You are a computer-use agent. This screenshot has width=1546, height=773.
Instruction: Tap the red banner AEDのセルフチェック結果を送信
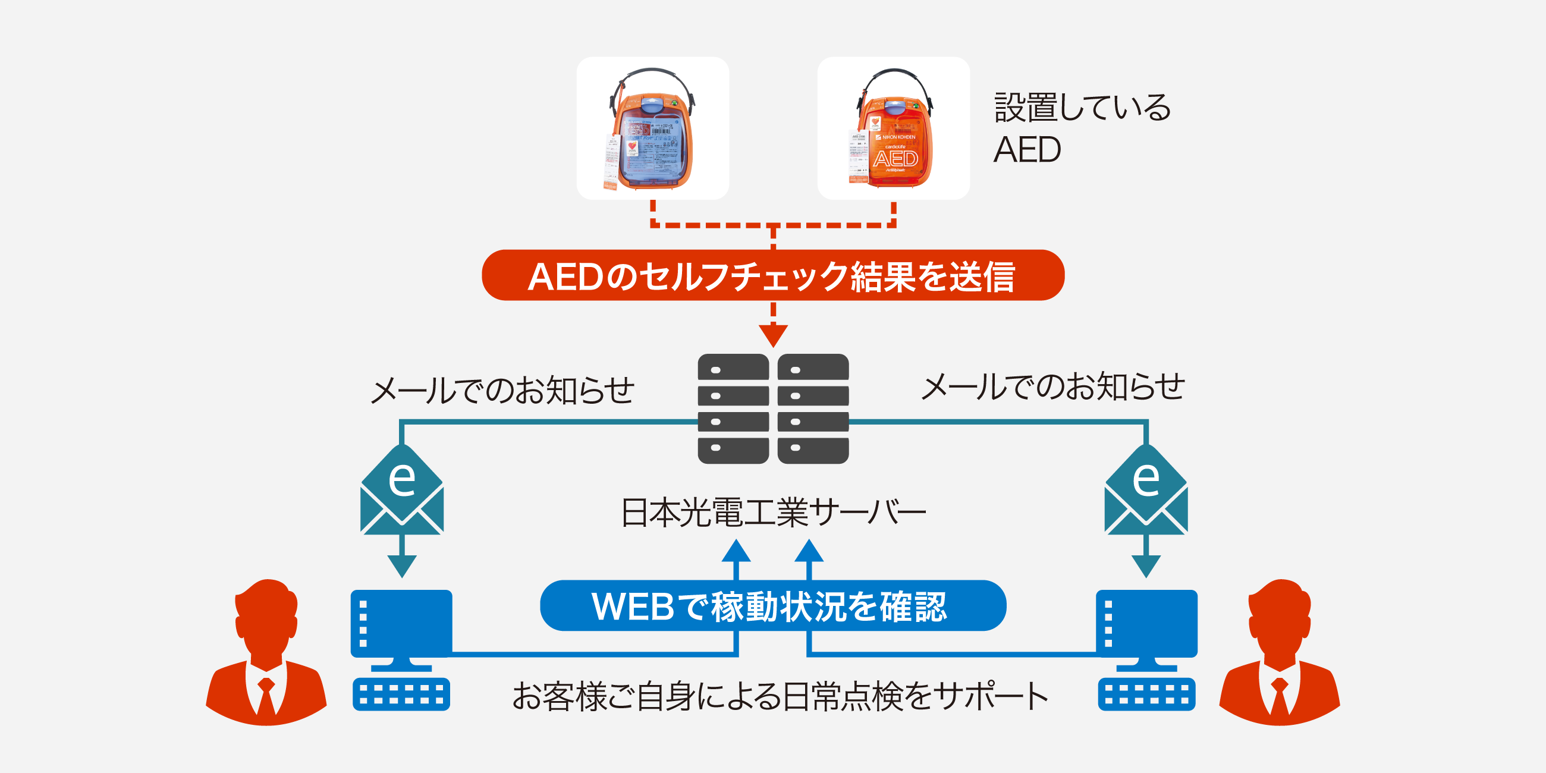pos(772,275)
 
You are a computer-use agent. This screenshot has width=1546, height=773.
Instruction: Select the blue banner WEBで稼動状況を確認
pos(772,605)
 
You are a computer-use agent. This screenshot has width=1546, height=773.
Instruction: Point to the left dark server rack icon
pos(733,409)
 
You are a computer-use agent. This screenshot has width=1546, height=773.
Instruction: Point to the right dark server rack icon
pos(813,409)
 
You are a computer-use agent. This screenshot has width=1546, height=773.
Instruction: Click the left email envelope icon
pos(401,492)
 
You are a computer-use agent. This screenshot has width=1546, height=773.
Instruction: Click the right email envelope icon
pos(1146,492)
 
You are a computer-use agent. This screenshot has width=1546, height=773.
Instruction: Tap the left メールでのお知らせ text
pos(502,390)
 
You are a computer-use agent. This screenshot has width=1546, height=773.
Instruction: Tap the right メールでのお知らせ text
pos(1052,386)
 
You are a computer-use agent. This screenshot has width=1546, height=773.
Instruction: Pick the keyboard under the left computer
pos(401,695)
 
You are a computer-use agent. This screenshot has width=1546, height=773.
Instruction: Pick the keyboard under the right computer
pos(1146,695)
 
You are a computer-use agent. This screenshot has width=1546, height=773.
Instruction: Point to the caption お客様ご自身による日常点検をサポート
pos(780,697)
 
